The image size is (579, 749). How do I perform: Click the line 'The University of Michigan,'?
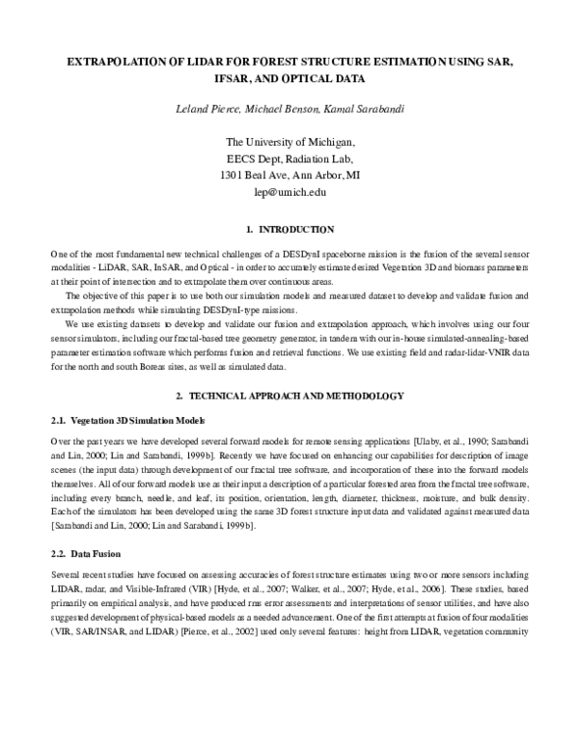289,141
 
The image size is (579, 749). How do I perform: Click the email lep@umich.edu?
289,192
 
